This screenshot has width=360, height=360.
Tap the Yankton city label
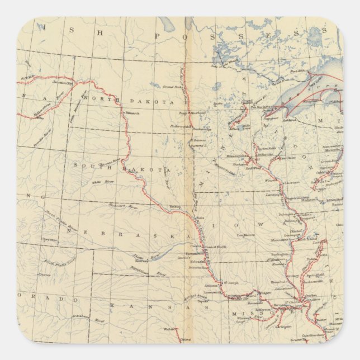(x=175, y=206)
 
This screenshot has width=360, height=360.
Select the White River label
(x=99, y=182)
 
